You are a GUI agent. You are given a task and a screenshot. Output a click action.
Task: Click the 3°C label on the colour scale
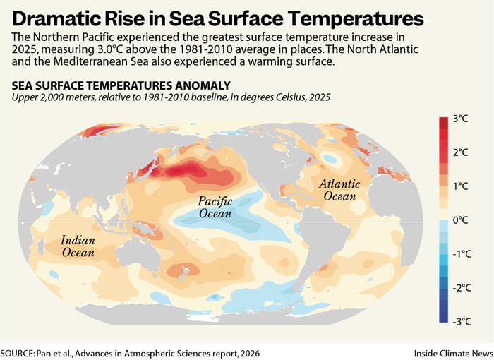click(461, 119)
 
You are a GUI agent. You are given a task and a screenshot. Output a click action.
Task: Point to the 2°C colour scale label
click(461, 153)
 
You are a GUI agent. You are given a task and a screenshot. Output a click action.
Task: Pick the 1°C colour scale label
click(461, 186)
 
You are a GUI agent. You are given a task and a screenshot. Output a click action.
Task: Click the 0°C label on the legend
click(461, 220)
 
